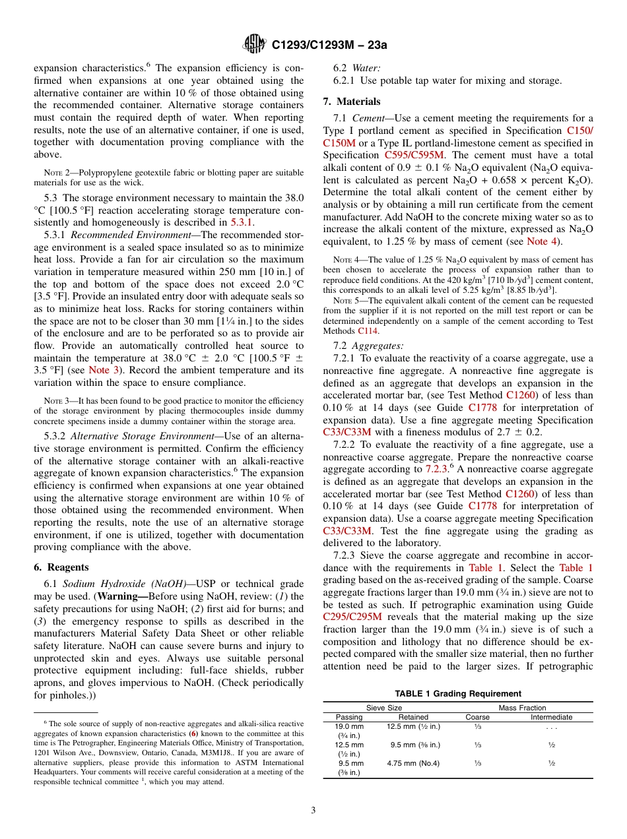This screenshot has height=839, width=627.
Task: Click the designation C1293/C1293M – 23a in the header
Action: point(329,45)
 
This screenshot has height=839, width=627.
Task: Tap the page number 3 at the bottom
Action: point(313,810)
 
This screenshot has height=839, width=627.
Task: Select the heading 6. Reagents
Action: point(61,567)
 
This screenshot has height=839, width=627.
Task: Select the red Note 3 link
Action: point(104,370)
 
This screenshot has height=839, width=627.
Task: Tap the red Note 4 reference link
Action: point(541,241)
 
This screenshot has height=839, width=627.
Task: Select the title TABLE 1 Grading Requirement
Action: point(457,693)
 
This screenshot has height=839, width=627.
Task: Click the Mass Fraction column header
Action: point(522,708)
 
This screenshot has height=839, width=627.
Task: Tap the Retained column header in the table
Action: point(413,717)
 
